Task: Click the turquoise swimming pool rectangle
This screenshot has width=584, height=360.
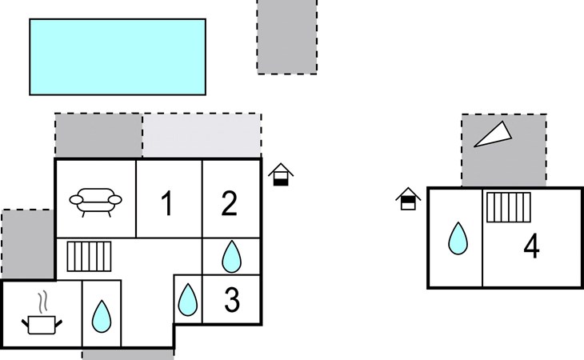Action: tap(118, 56)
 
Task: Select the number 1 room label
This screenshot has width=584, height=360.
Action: tap(166, 205)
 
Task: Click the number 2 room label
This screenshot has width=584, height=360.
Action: tap(229, 205)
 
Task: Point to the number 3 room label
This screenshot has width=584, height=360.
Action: tap(231, 300)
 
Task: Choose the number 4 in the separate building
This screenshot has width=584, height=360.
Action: tap(531, 247)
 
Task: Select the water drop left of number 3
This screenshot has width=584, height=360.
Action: tap(187, 300)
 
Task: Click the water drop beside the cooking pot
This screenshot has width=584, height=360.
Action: tap(101, 316)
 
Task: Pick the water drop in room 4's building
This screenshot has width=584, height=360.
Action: tap(457, 238)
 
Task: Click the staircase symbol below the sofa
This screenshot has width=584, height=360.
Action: tap(89, 257)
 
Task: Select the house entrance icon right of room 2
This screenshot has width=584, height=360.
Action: tap(281, 174)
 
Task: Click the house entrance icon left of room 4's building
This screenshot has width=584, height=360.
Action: tap(408, 198)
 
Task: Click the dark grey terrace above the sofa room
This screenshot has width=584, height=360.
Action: tap(98, 135)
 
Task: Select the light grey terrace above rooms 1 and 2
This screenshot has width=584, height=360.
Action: tap(202, 135)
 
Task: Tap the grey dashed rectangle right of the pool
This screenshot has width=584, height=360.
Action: tap(286, 37)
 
